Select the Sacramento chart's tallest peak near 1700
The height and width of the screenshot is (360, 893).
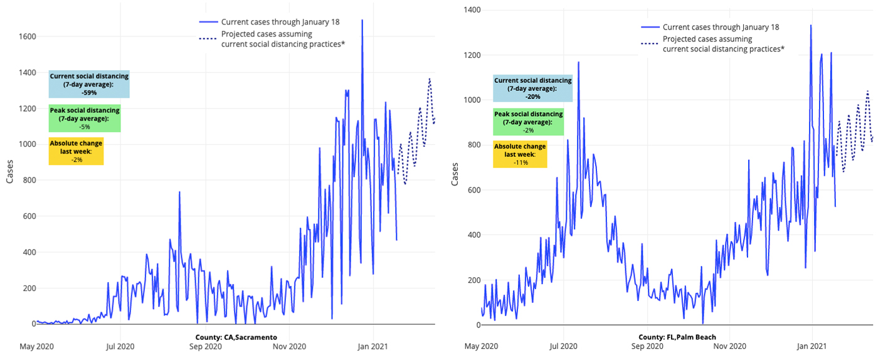pos(362,21)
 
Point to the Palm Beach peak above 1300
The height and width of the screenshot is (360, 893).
pos(811,26)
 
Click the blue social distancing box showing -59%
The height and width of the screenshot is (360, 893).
pos(89,84)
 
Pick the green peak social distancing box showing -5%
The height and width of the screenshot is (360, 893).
pos(84,119)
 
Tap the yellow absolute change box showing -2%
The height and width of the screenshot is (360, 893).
pos(76,151)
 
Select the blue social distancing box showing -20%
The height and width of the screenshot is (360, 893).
pos(532,88)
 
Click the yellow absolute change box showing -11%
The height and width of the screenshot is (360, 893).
pos(520,154)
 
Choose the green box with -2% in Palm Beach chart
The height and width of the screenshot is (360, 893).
pos(528,122)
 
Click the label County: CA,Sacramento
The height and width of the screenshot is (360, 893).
pos(236,337)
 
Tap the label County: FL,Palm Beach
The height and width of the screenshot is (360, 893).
pos(677,337)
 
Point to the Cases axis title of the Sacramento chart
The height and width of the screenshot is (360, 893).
pos(10,171)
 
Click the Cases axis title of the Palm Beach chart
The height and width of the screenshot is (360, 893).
pos(455,174)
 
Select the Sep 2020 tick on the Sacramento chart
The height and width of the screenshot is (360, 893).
pos(204,346)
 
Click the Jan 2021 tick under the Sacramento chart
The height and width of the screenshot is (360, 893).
pos(374,346)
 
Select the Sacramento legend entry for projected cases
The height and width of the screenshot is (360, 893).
pos(283,39)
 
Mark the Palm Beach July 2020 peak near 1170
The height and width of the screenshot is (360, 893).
pos(578,62)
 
